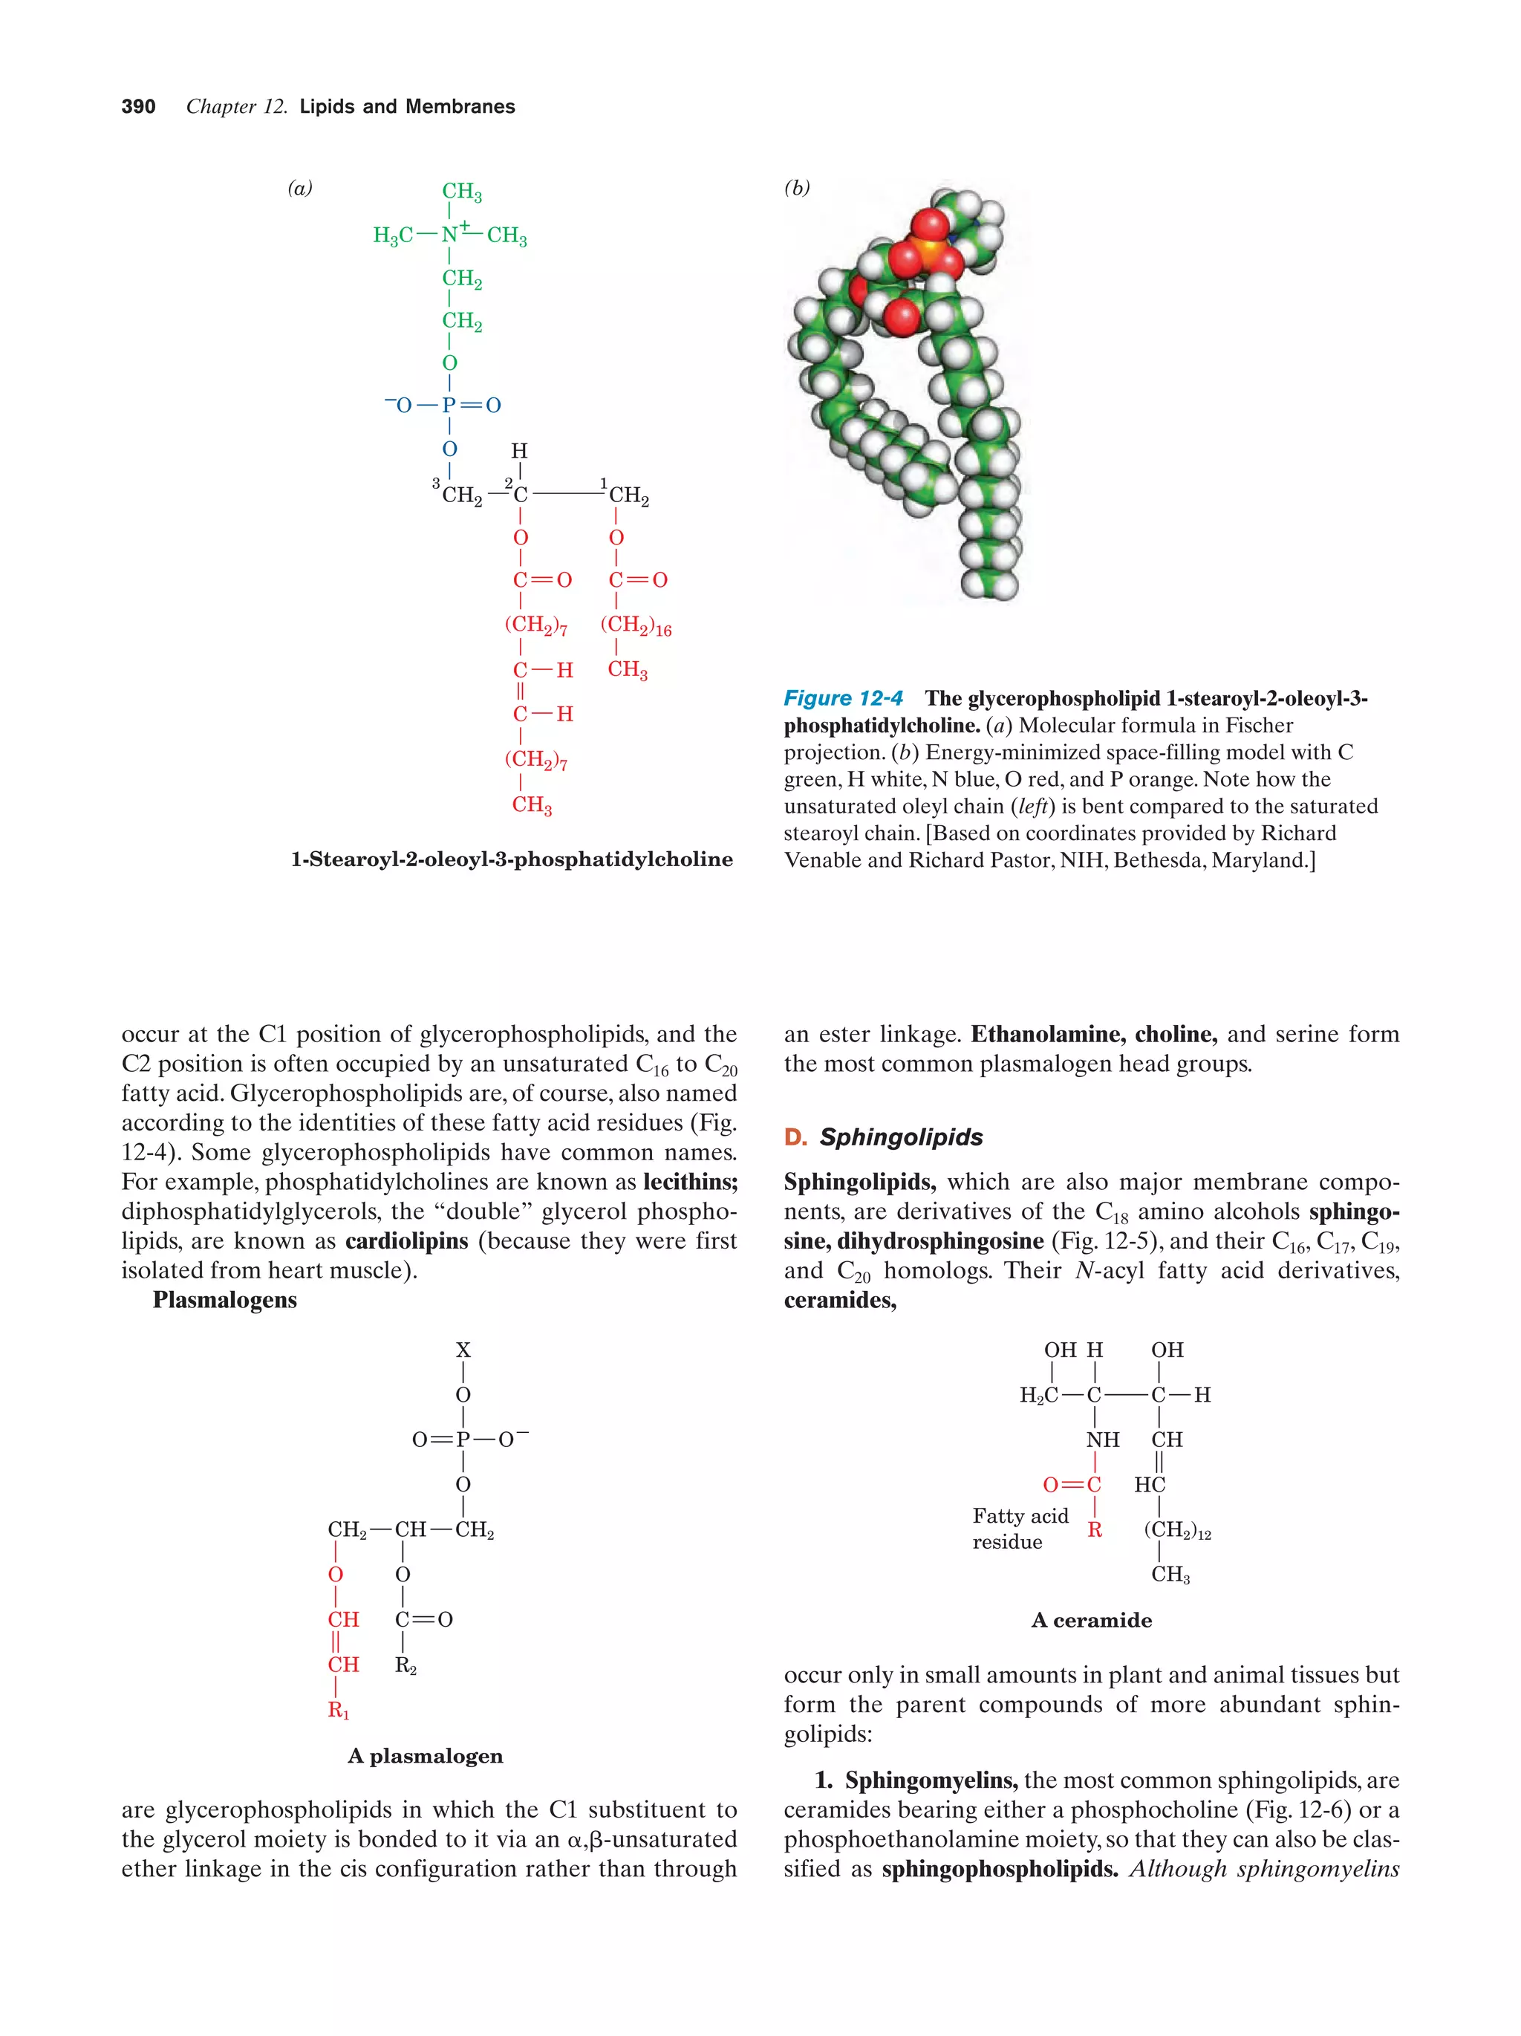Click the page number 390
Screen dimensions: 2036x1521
pos(138,107)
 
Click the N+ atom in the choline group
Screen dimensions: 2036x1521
pos(451,234)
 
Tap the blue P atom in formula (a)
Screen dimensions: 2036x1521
pos(449,405)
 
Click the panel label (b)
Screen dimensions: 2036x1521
pos(797,188)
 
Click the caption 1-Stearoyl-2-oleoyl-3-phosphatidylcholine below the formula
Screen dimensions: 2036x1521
pos(512,859)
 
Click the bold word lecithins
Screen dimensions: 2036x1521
pos(690,1182)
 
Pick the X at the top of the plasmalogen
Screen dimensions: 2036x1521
pos(463,1350)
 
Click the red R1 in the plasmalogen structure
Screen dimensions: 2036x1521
pos(339,1710)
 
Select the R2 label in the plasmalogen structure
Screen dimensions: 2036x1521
pos(405,1665)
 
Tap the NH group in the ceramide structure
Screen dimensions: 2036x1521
pos(1102,1440)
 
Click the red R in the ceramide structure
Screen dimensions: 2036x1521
pos(1094,1529)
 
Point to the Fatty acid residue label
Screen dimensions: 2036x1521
pos(1020,1529)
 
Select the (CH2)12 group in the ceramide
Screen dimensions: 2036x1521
pos(1177,1529)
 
